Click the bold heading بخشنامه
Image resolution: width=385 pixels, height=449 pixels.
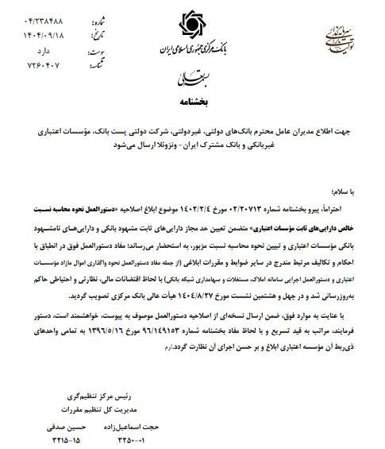[191, 101]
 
